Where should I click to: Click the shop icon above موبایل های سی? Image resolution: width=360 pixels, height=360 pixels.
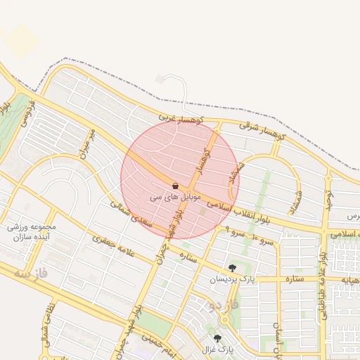tap(174, 186)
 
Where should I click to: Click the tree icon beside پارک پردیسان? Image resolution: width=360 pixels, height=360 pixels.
tap(232, 267)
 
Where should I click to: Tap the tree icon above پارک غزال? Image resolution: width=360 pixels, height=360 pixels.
tap(217, 338)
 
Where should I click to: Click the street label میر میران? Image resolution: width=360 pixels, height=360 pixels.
tap(87, 144)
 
